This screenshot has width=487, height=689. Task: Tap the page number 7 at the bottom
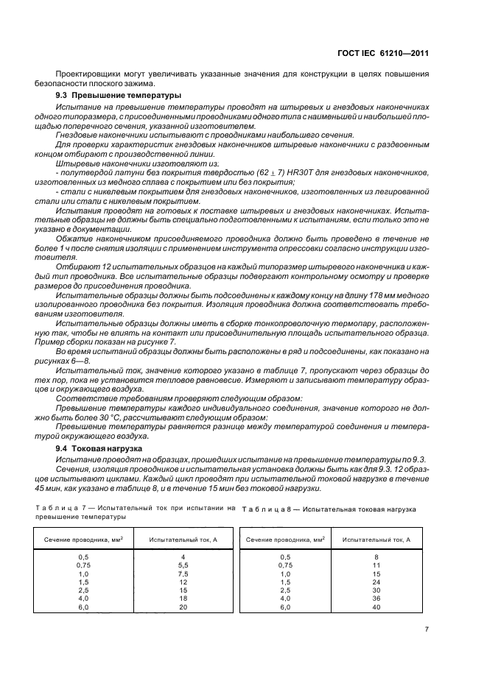[427, 629]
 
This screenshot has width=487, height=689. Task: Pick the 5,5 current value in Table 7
[183, 565]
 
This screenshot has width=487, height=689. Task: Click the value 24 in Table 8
[376, 582]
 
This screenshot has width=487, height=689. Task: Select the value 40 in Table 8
[376, 607]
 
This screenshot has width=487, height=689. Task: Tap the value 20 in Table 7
[183, 607]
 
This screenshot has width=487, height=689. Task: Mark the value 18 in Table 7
[183, 598]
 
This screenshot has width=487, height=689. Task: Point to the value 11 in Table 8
[376, 565]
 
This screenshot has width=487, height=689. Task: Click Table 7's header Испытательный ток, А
[183, 540]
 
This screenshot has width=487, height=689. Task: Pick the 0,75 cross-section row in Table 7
[83, 565]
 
